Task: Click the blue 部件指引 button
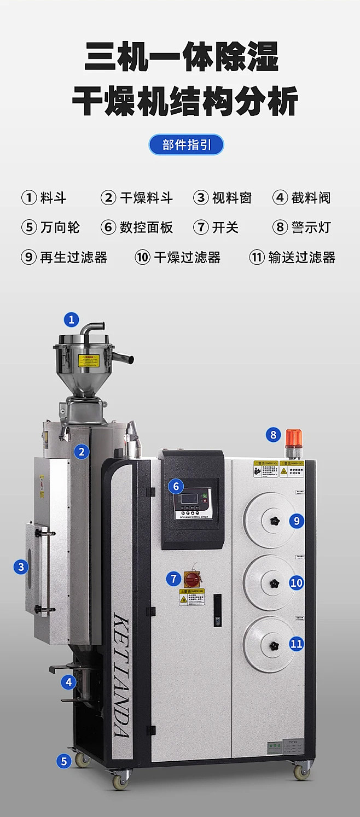pyautogui.click(x=186, y=145)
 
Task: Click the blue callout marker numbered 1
pyautogui.click(x=71, y=319)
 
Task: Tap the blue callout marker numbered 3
pyautogui.click(x=21, y=567)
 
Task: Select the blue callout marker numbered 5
pyautogui.click(x=64, y=761)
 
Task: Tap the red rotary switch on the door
pyautogui.click(x=191, y=578)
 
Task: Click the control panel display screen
pyautogui.click(x=187, y=499)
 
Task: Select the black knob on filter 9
pyautogui.click(x=271, y=521)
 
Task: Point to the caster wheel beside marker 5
pyautogui.click(x=82, y=759)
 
